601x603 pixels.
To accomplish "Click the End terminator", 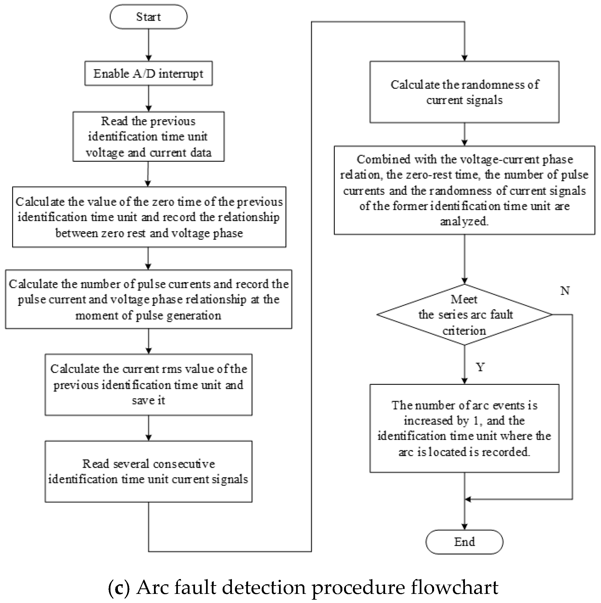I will [464, 542].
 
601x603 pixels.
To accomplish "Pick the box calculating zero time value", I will [149, 217].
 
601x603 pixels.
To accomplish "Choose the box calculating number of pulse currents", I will [149, 299].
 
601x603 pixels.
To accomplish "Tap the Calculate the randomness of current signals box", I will [464, 92].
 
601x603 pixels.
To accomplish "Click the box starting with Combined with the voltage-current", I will [464, 190].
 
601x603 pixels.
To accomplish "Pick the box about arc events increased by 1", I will [464, 428].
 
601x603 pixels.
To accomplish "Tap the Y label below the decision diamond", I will [480, 367].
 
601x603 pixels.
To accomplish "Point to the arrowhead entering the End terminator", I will [465, 526].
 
